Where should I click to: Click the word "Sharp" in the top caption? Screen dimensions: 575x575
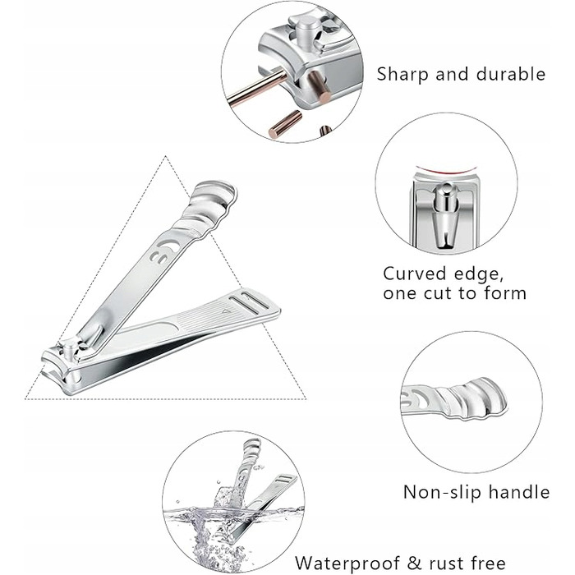pyautogui.click(x=402, y=74)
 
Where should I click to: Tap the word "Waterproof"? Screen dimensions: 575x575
pyautogui.click(x=347, y=563)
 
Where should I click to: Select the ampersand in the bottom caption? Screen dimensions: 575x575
pyautogui.click(x=414, y=563)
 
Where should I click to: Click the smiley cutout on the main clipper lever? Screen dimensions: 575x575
pyautogui.click(x=164, y=251)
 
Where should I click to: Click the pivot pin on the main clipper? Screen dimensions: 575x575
pyautogui.click(x=70, y=350)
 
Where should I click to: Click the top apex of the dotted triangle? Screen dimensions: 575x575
pyautogui.click(x=165, y=156)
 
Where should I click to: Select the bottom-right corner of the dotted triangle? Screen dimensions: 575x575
pyautogui.click(x=306, y=398)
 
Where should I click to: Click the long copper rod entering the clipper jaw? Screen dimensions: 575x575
pyautogui.click(x=256, y=88)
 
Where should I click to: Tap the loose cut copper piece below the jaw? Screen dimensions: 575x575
pyautogui.click(x=285, y=124)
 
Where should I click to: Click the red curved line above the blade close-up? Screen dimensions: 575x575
pyautogui.click(x=445, y=170)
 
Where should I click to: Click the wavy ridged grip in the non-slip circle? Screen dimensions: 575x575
pyautogui.click(x=473, y=400)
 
